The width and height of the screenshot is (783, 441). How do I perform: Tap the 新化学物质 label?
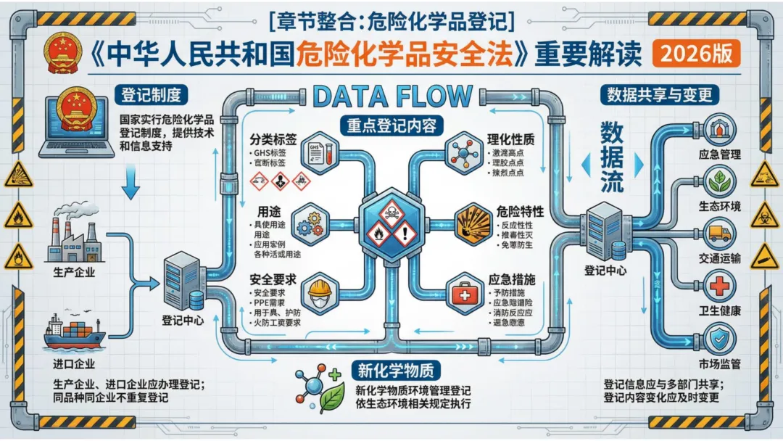click(395, 371)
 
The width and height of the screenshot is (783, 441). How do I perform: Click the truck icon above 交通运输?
click(719, 234)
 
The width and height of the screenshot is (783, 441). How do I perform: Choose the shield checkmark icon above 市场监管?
click(719, 338)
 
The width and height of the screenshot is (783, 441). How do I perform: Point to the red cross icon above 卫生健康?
click(719, 286)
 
